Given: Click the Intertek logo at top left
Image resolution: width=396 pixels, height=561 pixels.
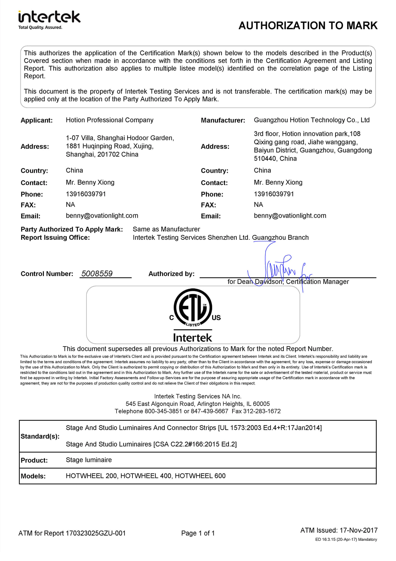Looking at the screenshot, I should click(49, 17).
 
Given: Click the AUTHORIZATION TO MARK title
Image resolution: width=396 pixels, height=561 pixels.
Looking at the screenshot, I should click(308, 26).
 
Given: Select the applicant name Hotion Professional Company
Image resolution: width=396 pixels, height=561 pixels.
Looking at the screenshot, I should click(110, 120).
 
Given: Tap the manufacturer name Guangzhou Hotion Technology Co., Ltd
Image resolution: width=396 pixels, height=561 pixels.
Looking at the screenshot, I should click(311, 120).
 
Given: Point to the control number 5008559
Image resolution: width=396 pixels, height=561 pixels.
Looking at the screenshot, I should click(97, 273).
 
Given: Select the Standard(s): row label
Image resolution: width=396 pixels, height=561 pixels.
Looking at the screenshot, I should click(40, 436).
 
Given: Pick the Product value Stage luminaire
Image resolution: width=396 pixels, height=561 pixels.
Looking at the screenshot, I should click(89, 460).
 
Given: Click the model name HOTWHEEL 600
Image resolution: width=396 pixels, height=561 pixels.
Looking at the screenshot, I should click(200, 476).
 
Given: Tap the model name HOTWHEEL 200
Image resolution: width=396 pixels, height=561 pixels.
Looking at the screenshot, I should click(91, 476).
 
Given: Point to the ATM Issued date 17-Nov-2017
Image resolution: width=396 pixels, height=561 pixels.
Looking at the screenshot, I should click(358, 530).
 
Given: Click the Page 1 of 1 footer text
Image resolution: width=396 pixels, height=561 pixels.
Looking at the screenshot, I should click(198, 533).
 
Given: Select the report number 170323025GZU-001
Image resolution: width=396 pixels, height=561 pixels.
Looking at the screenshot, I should click(95, 533).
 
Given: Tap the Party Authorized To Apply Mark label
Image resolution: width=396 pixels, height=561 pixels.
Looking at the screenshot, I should click(72, 229).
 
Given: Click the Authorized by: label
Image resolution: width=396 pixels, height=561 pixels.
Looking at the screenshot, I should click(171, 274).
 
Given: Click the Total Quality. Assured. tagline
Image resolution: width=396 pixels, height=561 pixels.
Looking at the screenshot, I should click(40, 27).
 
